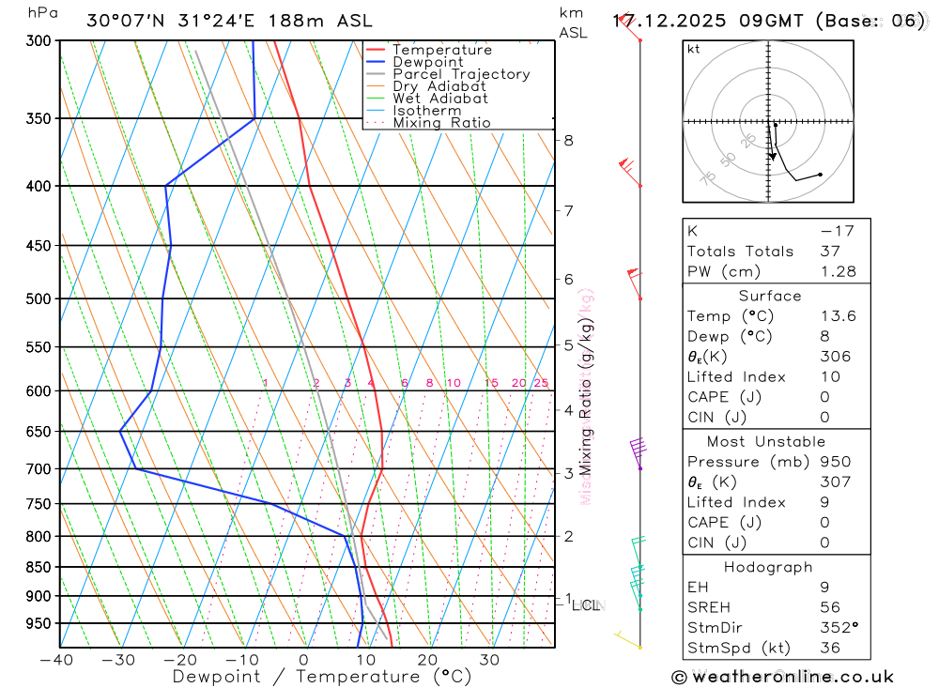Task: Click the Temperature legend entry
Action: [x=441, y=51]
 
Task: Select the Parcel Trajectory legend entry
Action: [x=461, y=74]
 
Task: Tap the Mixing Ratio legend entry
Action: [x=441, y=123]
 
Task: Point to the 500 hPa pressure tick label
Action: [x=38, y=298]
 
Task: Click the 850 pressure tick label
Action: [x=38, y=567]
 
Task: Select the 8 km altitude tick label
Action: [x=568, y=141]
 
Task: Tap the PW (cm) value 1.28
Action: [x=838, y=272]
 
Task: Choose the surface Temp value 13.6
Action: [x=838, y=316]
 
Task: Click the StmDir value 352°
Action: [x=839, y=628]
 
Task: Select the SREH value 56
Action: [x=829, y=608]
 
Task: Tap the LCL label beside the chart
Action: [x=586, y=605]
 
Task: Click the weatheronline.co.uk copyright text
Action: [x=783, y=677]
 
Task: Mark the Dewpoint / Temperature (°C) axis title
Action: [x=307, y=677]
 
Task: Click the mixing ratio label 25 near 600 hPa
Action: [x=541, y=383]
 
